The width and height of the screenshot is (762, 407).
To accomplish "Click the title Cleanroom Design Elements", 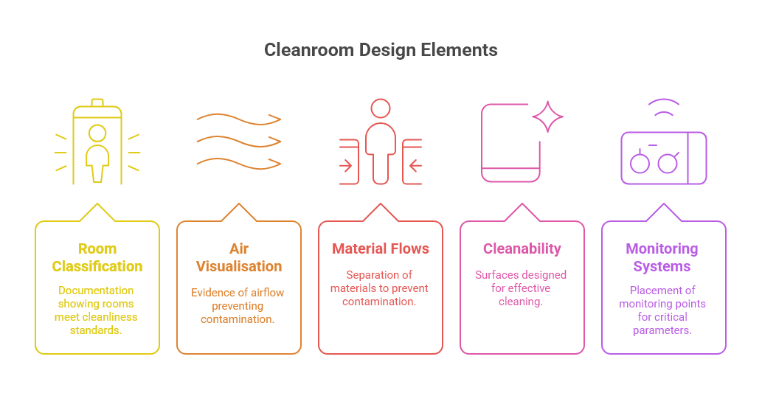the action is point(381,50).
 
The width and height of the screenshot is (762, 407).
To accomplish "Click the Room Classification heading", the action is point(97,257).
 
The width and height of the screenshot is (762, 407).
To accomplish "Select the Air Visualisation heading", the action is point(238,257).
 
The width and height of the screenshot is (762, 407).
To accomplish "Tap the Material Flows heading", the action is point(381,248).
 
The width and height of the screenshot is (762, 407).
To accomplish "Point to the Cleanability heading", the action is point(522,248).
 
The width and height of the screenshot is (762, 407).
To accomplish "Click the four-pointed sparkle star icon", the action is point(547,116).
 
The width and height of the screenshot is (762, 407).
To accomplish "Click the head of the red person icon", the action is point(381,109).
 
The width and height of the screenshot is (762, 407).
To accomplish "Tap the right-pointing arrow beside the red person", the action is point(346,165).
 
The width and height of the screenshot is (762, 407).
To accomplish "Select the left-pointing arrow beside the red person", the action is point(415,165).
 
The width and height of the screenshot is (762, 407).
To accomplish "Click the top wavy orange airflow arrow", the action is point(238,119).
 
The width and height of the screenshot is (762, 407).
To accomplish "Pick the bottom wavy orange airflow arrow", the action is point(238,161).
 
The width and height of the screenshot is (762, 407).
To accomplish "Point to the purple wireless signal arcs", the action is point(664,108).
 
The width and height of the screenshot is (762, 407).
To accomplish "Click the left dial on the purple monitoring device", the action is point(640,163).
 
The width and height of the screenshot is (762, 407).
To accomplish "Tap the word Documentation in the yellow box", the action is point(97,290).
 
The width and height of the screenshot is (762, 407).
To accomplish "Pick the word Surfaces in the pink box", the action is point(496,275).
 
